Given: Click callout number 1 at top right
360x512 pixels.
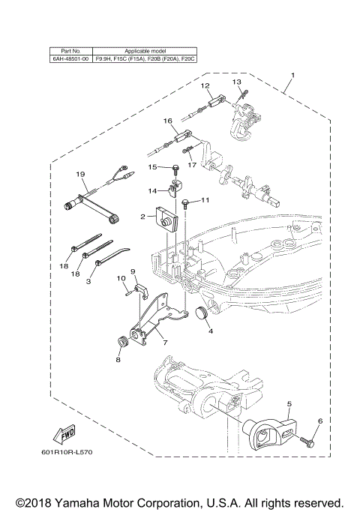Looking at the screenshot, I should point(293,75).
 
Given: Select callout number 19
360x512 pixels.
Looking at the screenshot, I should point(80,175).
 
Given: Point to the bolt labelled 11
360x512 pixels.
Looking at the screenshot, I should point(187,202).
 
